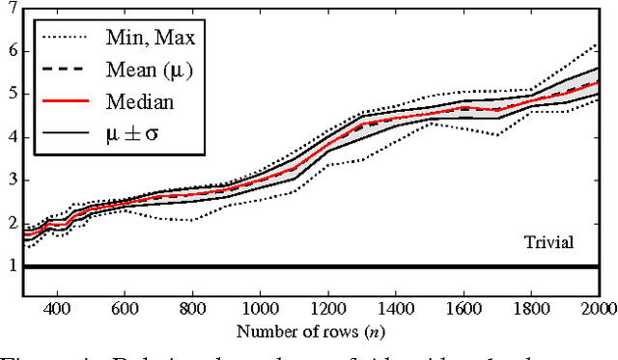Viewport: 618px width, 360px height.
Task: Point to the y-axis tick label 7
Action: tap(12, 9)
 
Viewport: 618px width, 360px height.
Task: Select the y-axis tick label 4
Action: tap(12, 137)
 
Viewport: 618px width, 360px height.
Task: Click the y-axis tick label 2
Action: tap(12, 223)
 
